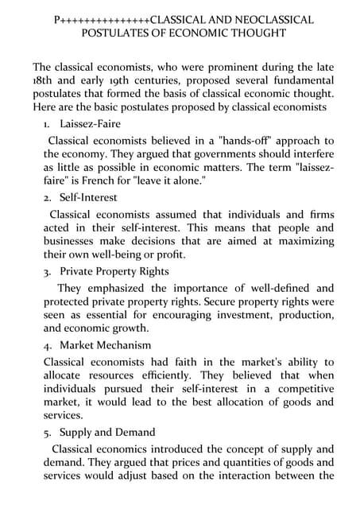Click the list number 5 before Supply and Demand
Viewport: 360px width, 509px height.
[x=47, y=433]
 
